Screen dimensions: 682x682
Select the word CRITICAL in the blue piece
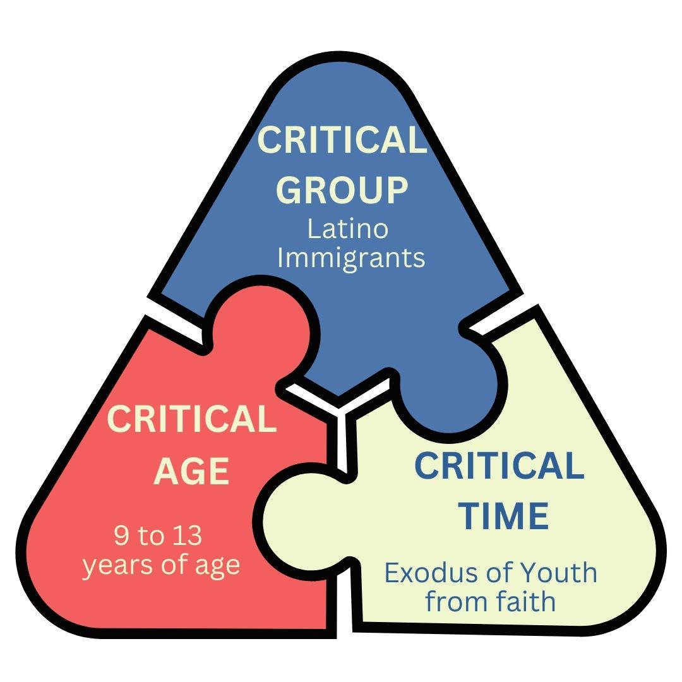pyautogui.click(x=343, y=140)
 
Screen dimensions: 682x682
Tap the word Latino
pyautogui.click(x=347, y=229)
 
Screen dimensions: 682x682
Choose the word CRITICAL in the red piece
pyautogui.click(x=192, y=419)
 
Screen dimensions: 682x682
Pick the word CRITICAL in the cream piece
pyautogui.click(x=499, y=466)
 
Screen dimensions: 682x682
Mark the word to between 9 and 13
pyautogui.click(x=152, y=536)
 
